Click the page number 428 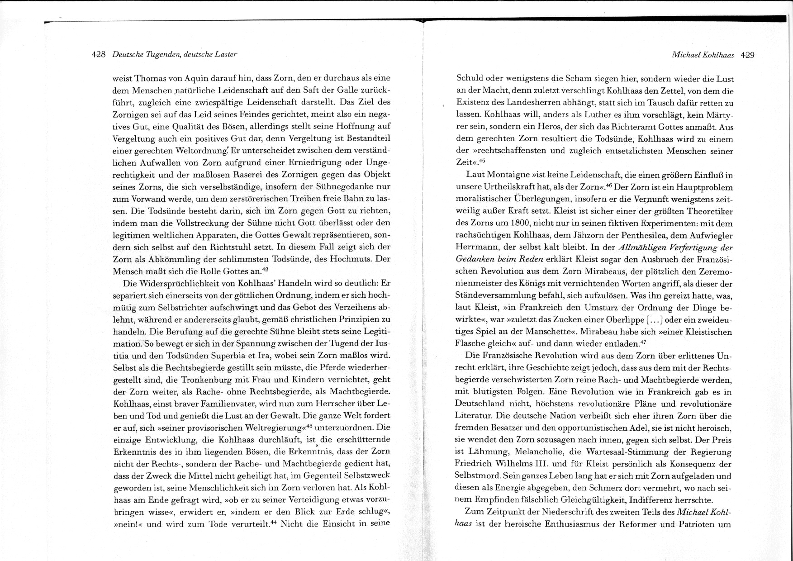coord(98,54)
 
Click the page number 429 coord(748,55)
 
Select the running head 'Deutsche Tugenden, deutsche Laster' coord(175,54)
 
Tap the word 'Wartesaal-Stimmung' coord(624,452)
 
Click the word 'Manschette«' coord(554,331)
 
